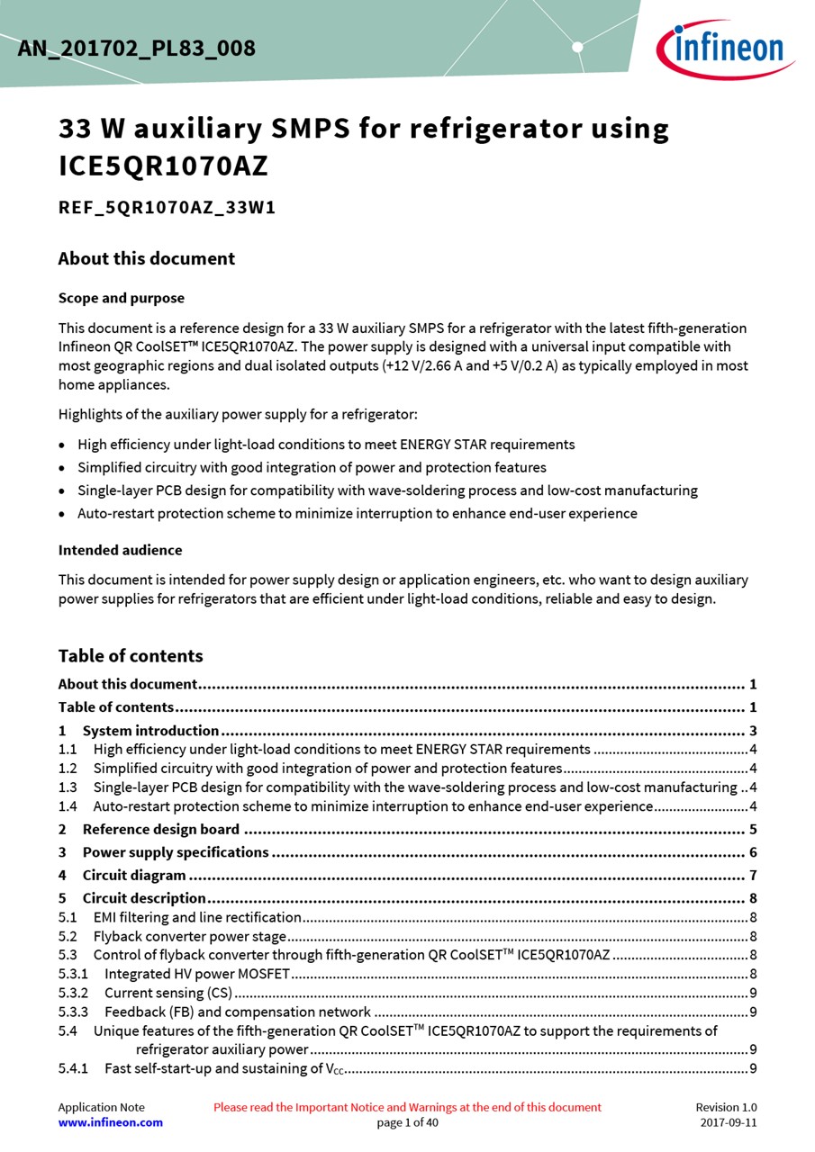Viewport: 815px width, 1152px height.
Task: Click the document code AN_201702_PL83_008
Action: [x=136, y=49]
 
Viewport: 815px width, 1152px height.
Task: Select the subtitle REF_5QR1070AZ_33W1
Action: [x=167, y=208]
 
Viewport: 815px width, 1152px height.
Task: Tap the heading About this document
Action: [x=146, y=258]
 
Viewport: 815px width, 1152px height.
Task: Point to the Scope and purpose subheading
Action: [x=121, y=298]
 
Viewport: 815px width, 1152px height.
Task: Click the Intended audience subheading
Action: [x=120, y=550]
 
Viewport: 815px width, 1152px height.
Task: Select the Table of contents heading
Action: [x=131, y=655]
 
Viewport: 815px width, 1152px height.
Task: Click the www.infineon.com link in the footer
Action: [x=111, y=1122]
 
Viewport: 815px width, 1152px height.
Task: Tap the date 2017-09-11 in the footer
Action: [x=728, y=1122]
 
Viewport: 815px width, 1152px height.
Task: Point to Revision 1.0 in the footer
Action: [x=726, y=1107]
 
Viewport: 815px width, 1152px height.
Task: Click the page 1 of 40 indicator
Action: [x=407, y=1122]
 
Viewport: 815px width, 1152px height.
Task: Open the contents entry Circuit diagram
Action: [x=134, y=875]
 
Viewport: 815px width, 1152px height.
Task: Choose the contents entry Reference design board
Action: [x=160, y=829]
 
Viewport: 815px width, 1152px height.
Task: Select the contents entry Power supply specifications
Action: [x=176, y=852]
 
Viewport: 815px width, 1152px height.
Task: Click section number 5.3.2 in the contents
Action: [x=73, y=993]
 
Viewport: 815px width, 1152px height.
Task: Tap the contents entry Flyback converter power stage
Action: [x=189, y=936]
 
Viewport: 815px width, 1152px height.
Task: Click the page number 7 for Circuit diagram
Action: [x=752, y=875]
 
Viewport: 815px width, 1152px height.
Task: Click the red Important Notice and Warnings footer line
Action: [x=407, y=1107]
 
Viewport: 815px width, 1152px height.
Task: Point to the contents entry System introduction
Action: [x=150, y=731]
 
